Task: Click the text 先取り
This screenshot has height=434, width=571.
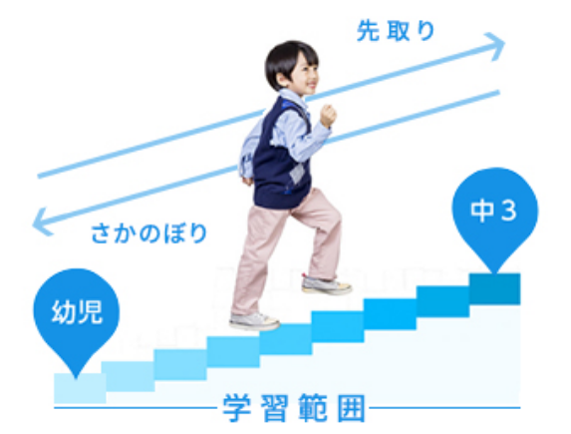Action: (x=396, y=31)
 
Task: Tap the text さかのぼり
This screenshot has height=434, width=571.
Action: (x=149, y=233)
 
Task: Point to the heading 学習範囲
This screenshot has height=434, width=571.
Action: (x=294, y=408)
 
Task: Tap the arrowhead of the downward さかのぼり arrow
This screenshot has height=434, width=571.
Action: (x=42, y=221)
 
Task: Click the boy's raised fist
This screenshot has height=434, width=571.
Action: (x=328, y=116)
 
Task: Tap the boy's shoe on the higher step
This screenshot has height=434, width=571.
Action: (x=326, y=284)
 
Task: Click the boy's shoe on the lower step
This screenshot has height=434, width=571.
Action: (x=254, y=321)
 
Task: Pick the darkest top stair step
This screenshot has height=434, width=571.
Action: (x=494, y=289)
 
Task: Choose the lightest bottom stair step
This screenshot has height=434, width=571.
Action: (x=80, y=388)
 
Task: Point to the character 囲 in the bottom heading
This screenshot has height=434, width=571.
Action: (x=351, y=408)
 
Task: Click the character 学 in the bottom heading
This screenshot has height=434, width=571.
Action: (x=237, y=408)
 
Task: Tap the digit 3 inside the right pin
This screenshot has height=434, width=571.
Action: (x=509, y=211)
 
